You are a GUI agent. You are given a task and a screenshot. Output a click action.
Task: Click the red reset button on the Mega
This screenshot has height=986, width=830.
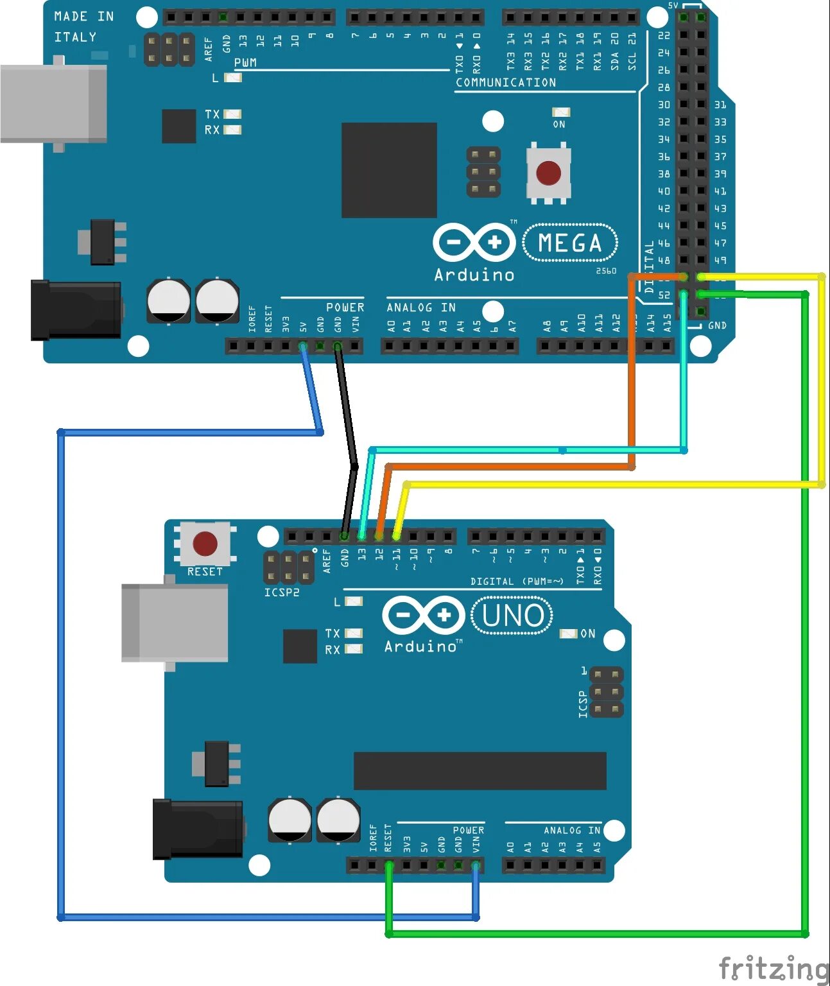548,173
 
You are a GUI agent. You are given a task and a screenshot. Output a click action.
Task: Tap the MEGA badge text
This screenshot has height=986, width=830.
570,243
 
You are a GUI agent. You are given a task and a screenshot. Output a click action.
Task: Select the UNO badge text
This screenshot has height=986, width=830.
512,615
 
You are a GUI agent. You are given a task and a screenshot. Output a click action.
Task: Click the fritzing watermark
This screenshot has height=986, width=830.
773,967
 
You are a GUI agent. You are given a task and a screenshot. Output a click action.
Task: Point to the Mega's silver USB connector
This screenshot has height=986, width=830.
54,103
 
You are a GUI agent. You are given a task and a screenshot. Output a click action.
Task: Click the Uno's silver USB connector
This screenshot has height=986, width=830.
175,622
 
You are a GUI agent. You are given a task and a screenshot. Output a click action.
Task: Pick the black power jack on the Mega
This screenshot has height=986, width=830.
76,310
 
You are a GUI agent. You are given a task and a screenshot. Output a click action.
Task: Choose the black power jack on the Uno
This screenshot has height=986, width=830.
198,829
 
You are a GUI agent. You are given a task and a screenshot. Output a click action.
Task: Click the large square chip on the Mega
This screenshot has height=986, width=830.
389,170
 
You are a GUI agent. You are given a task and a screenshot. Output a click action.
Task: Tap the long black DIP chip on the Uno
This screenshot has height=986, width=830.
480,771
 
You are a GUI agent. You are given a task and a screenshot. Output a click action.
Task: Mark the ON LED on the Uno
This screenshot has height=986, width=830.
568,634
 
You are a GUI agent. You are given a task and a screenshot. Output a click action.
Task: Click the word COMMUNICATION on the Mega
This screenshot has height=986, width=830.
506,83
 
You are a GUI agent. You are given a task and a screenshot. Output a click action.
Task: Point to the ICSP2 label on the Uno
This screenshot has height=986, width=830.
282,592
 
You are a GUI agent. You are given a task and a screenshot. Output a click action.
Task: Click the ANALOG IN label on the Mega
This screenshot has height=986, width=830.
421,308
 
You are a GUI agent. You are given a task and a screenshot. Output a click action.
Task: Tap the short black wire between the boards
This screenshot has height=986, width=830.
347,443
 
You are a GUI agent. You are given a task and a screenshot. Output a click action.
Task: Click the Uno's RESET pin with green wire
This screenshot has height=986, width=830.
388,866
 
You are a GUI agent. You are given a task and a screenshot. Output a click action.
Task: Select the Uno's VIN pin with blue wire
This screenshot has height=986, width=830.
476,866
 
